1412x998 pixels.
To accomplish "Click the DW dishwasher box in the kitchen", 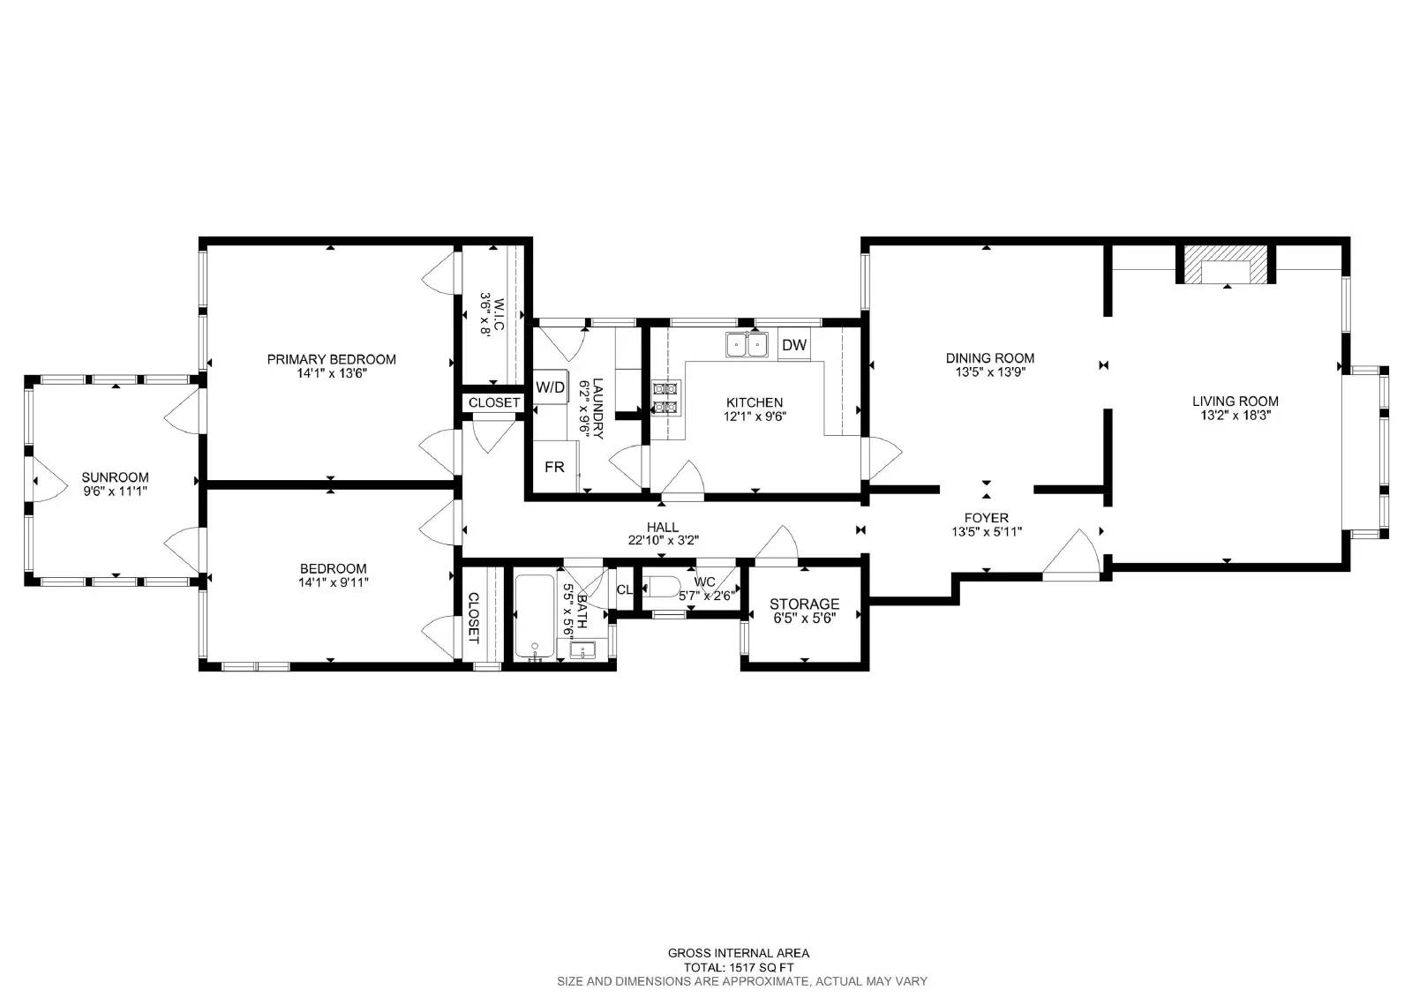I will pyautogui.click(x=794, y=346).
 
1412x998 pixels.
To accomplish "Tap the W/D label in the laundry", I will pyautogui.click(x=550, y=387).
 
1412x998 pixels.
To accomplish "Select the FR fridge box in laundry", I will pyautogui.click(x=555, y=467).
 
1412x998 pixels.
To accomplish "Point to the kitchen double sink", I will pyautogui.click(x=747, y=345).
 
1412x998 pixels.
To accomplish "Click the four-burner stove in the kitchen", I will pyautogui.click(x=665, y=398).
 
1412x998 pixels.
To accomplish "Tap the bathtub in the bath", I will pyautogui.click(x=535, y=617).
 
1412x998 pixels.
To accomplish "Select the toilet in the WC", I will pyautogui.click(x=662, y=589).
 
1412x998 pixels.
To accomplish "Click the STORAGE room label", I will pyautogui.click(x=804, y=604).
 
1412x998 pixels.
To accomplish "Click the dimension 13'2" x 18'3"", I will pyautogui.click(x=1235, y=415).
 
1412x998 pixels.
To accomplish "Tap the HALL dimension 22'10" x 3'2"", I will pyautogui.click(x=663, y=541).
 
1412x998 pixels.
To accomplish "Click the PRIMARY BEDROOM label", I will pyautogui.click(x=331, y=359).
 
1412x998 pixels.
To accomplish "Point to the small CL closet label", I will pyautogui.click(x=625, y=590).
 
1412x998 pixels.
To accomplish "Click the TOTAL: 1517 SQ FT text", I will pyautogui.click(x=738, y=968).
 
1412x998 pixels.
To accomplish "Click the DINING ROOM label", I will pyautogui.click(x=989, y=358).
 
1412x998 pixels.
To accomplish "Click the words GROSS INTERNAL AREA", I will pyautogui.click(x=738, y=953).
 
